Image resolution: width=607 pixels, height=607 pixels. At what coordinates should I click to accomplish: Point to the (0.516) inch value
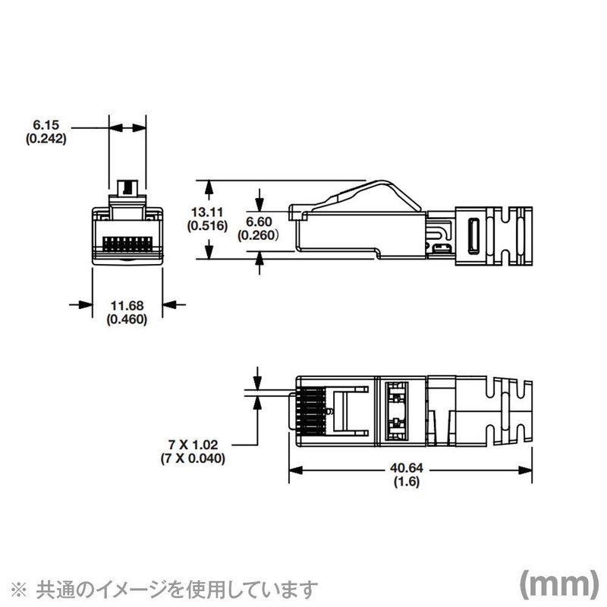pos(206,225)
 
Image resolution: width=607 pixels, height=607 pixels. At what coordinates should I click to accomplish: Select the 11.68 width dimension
pos(127,306)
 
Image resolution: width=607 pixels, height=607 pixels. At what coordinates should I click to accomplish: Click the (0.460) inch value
pos(127,319)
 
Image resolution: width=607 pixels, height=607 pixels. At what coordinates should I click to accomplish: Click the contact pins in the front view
pos(127,243)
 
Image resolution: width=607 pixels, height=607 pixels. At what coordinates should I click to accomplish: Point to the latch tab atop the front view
pos(127,185)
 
